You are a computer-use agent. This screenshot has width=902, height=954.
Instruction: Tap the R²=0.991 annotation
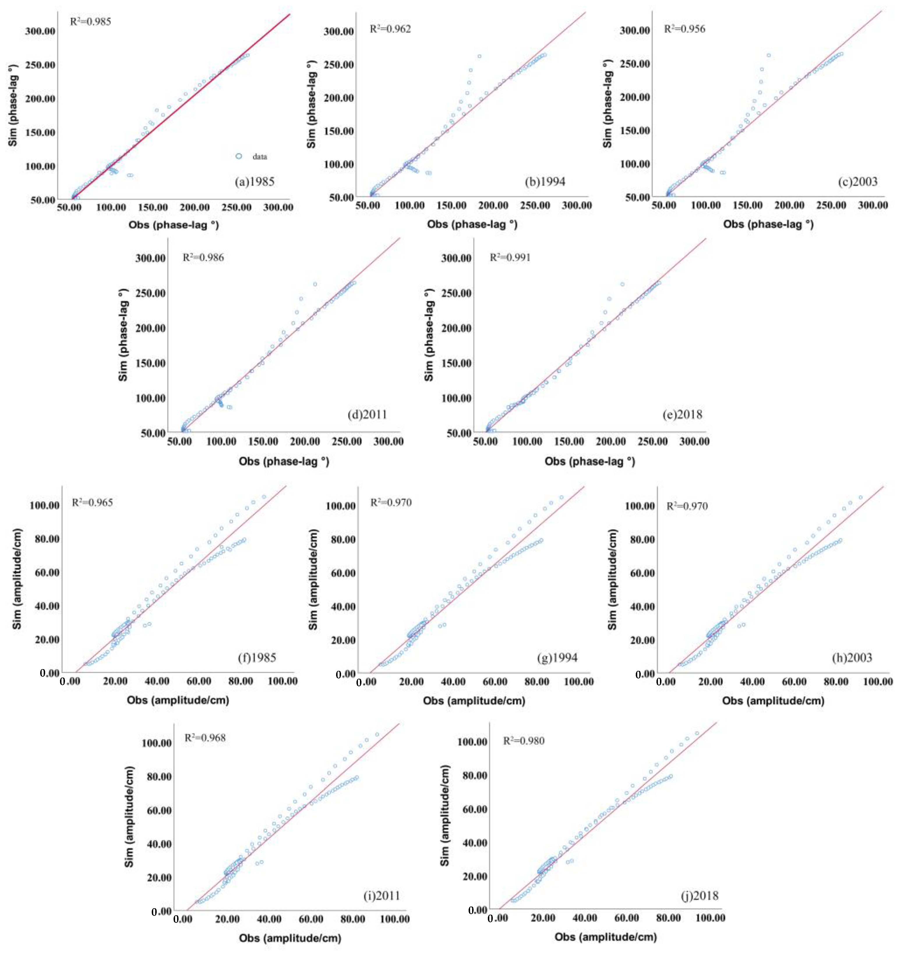click(510, 257)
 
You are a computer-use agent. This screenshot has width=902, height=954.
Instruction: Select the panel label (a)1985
click(254, 182)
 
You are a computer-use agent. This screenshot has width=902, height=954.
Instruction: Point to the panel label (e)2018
click(682, 415)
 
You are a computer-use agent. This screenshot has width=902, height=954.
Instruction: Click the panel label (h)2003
click(852, 658)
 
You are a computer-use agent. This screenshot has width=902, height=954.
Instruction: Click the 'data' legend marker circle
click(239, 156)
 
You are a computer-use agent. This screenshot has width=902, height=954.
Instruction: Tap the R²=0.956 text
click(685, 29)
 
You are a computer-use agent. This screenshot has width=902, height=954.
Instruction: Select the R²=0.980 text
click(524, 740)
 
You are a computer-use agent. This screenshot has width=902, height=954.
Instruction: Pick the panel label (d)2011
click(367, 415)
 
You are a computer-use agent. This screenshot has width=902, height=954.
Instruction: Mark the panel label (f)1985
click(257, 657)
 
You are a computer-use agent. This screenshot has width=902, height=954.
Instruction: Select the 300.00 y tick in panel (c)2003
click(635, 30)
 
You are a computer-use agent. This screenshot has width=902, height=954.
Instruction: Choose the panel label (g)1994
click(557, 658)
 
